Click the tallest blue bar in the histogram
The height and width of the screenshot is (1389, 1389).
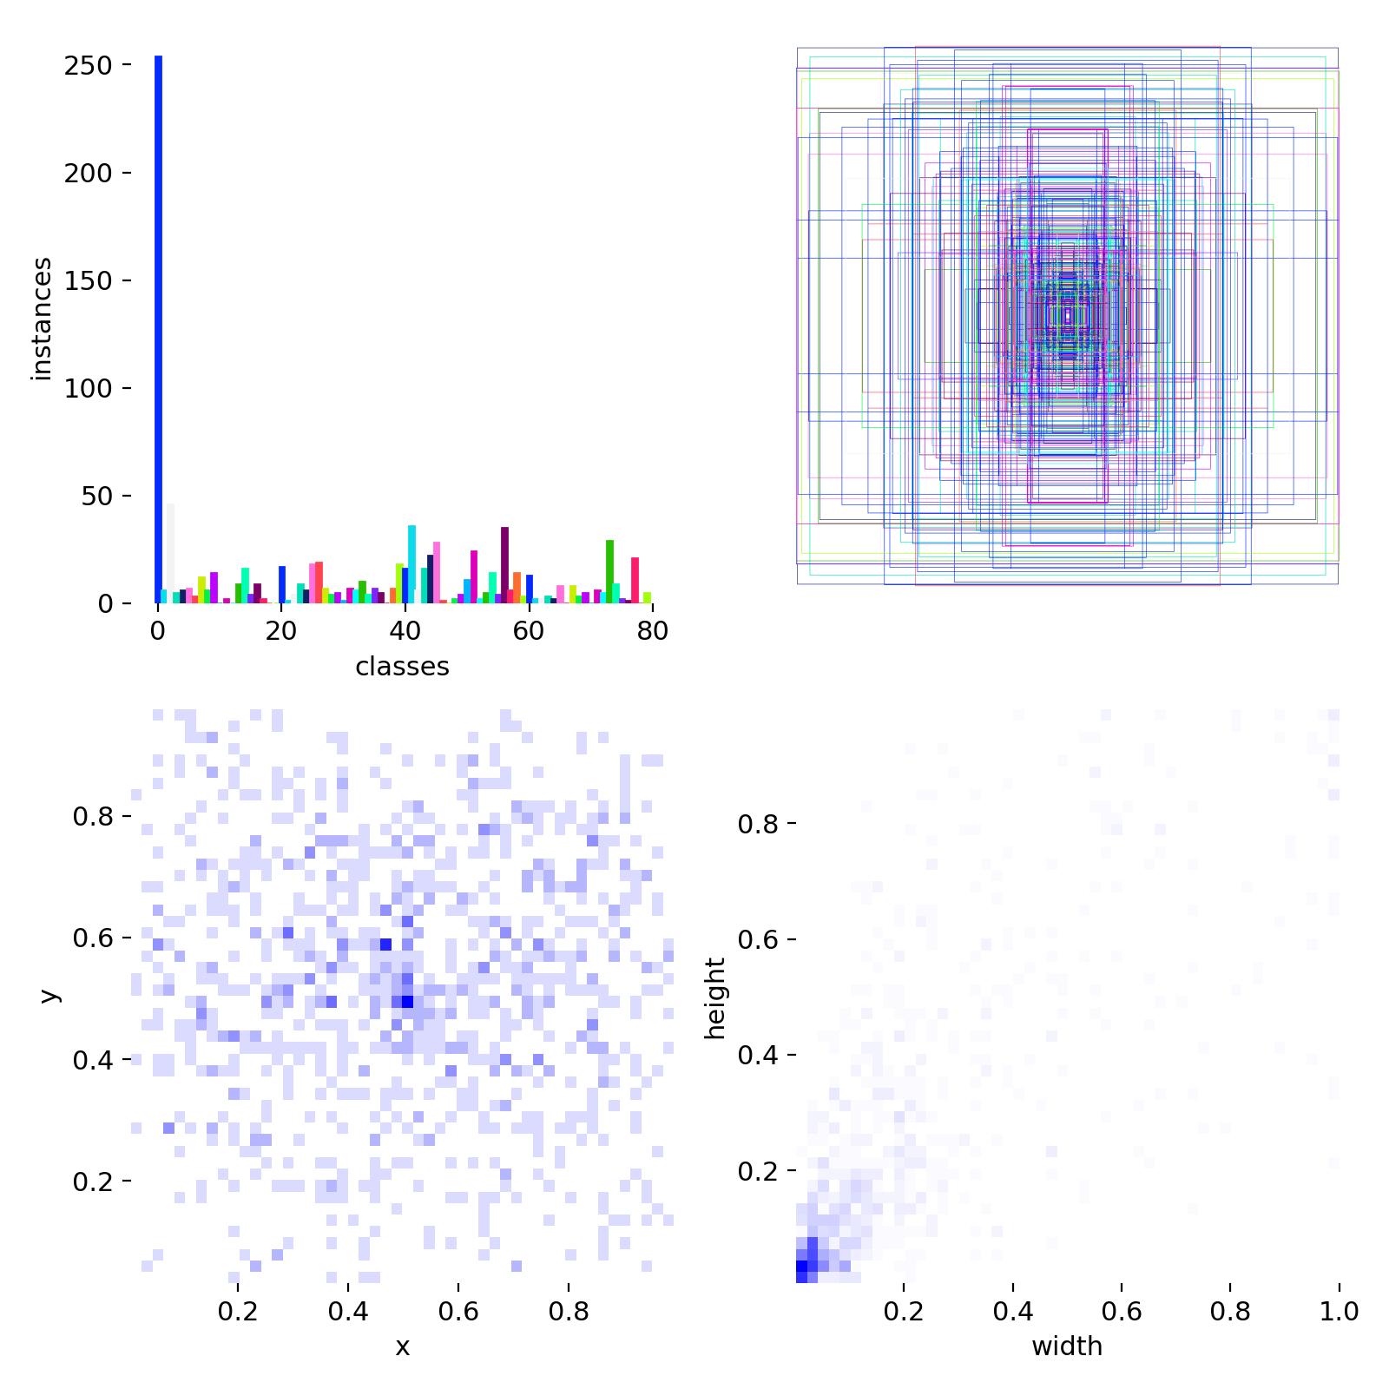(x=158, y=329)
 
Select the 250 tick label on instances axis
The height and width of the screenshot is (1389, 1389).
(x=89, y=66)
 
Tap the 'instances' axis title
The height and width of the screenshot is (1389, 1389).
(x=41, y=319)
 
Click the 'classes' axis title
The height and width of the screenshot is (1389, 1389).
(x=402, y=667)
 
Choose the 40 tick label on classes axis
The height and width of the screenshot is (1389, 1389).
(x=405, y=631)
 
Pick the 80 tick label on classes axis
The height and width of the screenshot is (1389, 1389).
(x=652, y=631)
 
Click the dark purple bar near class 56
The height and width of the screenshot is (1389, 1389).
(x=504, y=565)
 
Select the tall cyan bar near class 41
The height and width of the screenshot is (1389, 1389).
(x=411, y=564)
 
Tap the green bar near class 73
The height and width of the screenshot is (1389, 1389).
(x=609, y=571)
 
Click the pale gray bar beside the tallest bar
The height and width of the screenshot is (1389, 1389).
(x=170, y=553)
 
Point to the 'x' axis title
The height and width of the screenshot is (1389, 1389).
(x=402, y=1346)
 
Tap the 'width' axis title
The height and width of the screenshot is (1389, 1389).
(x=1067, y=1346)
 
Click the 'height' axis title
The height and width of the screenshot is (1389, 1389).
(x=714, y=997)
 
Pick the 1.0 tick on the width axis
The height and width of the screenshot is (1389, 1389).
(x=1339, y=1311)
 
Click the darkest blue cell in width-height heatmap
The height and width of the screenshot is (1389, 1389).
(x=801, y=1270)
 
